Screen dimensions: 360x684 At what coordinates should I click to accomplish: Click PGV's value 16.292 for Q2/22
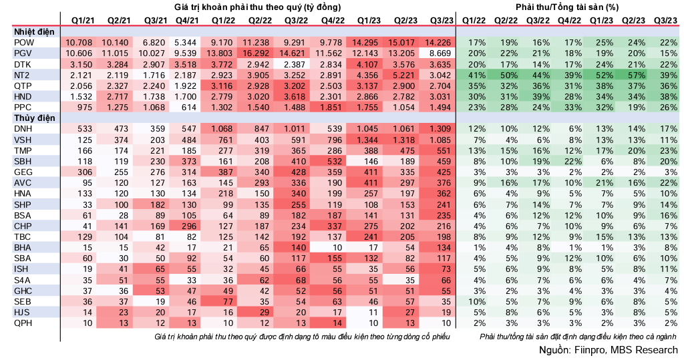256,53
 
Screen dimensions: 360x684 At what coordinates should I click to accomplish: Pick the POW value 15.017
401,42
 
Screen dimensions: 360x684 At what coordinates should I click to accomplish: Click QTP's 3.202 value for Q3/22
293,85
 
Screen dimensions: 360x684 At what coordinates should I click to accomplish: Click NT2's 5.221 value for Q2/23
401,75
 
